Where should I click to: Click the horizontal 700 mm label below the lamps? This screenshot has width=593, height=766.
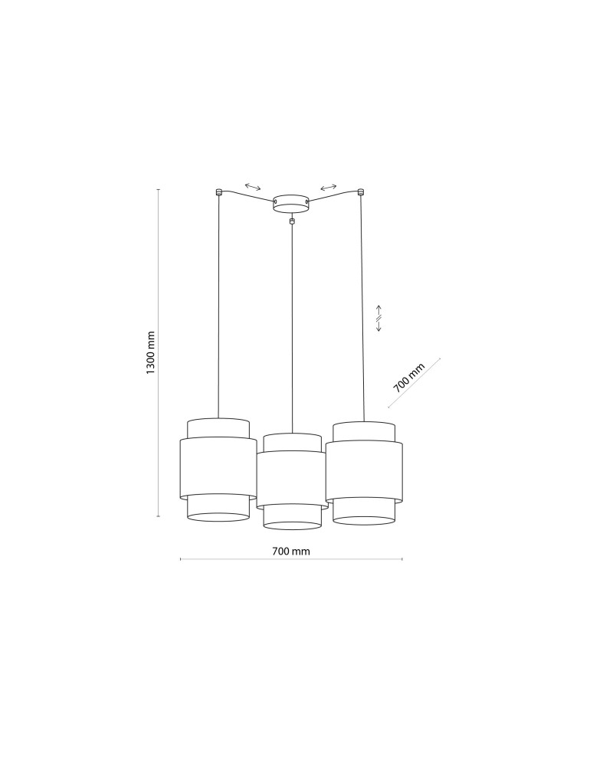tap(291, 551)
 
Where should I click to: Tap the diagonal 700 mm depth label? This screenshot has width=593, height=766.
tap(409, 378)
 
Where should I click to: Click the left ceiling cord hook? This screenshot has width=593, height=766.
tap(218, 191)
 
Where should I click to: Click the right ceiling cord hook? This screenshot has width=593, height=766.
tap(361, 191)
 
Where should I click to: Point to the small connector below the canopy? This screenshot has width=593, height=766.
tap(292, 221)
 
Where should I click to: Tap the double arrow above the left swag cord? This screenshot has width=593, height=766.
tap(253, 187)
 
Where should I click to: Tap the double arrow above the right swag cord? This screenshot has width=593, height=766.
tap(328, 187)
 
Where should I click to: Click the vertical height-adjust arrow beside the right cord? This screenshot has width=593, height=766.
tap(378, 318)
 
